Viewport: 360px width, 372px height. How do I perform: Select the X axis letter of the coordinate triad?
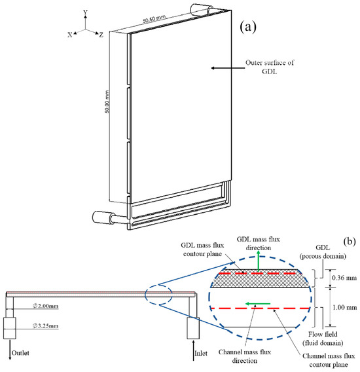pos(69,35)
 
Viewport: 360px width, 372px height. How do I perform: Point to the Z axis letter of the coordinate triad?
pos(101,35)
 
